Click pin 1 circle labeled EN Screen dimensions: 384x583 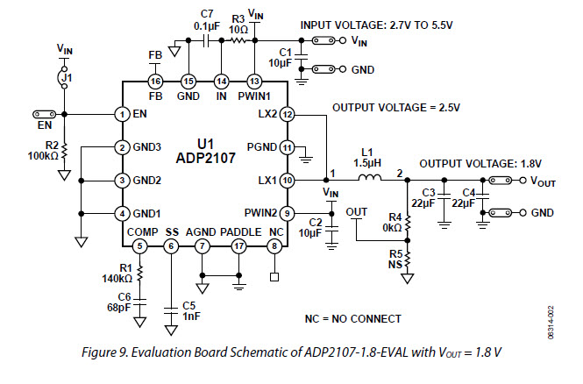pos(123,114)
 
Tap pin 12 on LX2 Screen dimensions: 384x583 pos(288,114)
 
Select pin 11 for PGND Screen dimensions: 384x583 pos(288,147)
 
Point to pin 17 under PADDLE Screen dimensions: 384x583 pos(239,246)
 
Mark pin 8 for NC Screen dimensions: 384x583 pos(276,246)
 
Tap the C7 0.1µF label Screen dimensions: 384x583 pos(207,18)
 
